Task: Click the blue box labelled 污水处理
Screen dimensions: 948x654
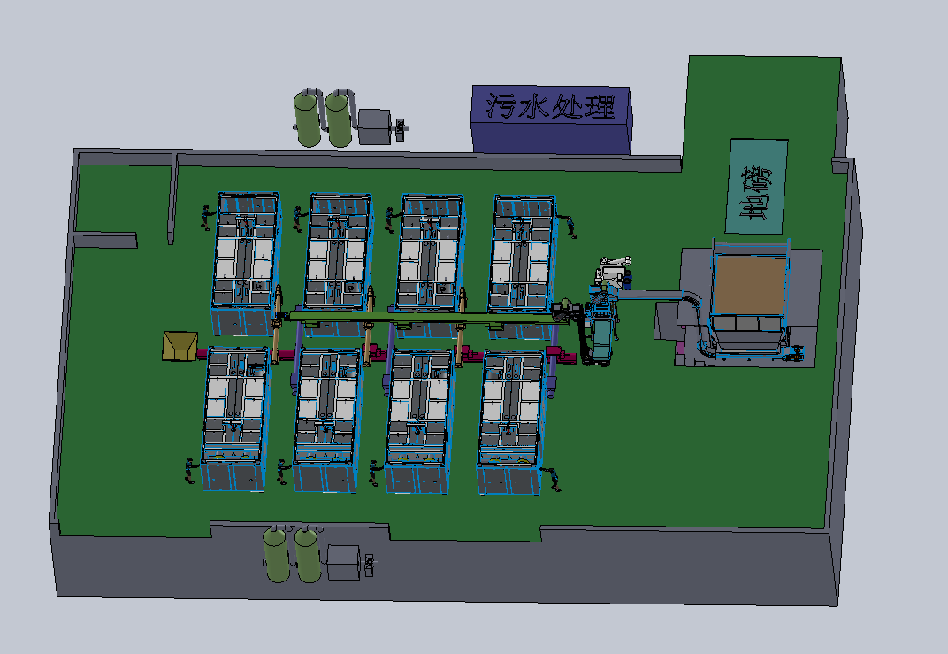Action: coord(552,119)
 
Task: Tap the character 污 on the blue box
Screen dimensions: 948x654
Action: coord(501,106)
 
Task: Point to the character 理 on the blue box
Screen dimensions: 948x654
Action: coord(600,107)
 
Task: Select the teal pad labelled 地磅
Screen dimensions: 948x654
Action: coord(756,187)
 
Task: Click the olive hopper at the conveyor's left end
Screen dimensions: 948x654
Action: coord(180,345)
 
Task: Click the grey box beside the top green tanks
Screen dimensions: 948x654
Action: coord(375,127)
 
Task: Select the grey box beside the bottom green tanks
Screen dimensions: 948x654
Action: coord(343,563)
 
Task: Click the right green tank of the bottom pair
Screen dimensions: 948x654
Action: coord(308,554)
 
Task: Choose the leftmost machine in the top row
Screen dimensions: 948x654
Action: coord(247,264)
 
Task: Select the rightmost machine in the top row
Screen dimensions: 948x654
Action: coord(524,266)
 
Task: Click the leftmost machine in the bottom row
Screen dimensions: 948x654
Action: coord(236,419)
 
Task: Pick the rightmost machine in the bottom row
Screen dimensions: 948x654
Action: coord(512,422)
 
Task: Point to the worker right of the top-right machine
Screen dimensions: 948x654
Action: coord(569,227)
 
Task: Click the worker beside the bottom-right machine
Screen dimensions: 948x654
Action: coord(554,479)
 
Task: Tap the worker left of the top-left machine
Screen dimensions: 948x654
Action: coord(208,218)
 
